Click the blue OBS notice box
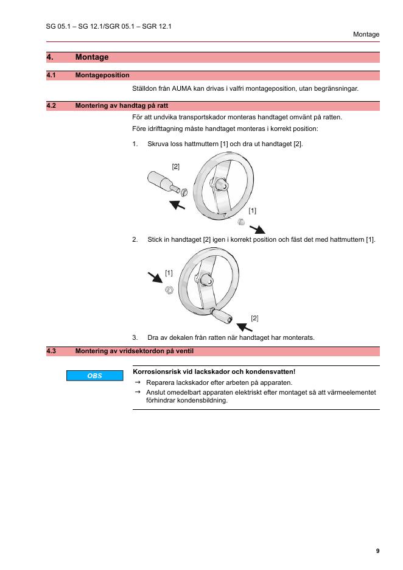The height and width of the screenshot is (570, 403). [x=94, y=376]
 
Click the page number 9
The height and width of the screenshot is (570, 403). [x=377, y=551]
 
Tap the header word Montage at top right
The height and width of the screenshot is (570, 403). [x=366, y=34]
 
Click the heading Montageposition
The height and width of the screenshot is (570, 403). [x=102, y=76]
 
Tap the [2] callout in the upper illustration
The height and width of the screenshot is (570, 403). [x=175, y=166]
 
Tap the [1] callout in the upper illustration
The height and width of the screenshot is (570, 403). [x=252, y=211]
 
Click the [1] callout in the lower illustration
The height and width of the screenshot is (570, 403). [x=169, y=273]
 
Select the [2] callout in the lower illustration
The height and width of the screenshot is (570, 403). [x=254, y=318]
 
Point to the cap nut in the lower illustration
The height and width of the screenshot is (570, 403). [x=169, y=290]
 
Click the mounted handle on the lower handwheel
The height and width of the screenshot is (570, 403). [x=222, y=315]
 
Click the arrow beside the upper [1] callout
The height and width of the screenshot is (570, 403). [x=258, y=228]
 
